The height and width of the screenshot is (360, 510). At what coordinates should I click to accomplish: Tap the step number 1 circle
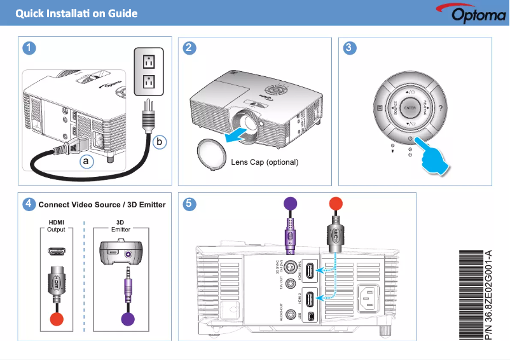point(28,48)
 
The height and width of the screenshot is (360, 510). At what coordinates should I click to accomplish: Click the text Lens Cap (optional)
point(265,162)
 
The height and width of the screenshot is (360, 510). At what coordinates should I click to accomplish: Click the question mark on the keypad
point(441,108)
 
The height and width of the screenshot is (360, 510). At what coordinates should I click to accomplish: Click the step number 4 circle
point(28,204)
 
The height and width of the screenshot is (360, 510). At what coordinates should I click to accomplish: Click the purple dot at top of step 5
point(290,204)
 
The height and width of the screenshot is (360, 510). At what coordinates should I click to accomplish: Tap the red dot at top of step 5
point(335,204)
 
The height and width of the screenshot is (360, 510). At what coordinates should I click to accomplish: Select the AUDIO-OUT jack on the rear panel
point(292,314)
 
